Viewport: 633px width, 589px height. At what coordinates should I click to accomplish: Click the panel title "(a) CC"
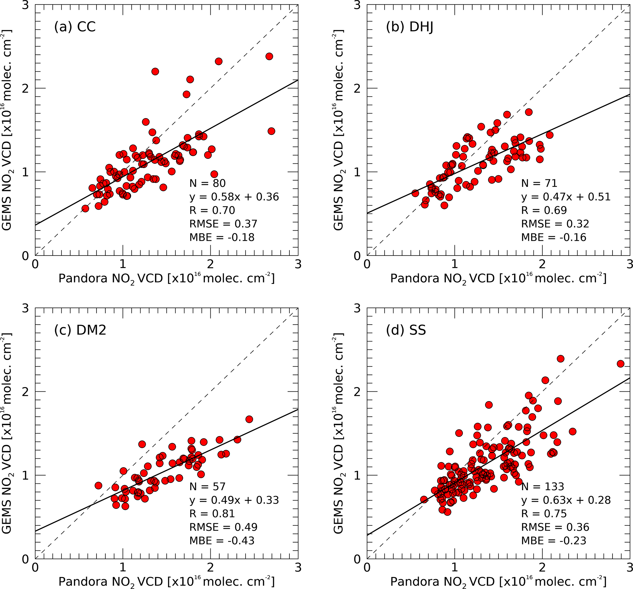click(75, 27)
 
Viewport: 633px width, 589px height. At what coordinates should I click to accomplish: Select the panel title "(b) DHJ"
click(409, 27)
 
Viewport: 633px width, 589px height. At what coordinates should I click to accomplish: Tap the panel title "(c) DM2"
click(80, 330)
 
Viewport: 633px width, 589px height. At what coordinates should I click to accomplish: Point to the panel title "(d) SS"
click(406, 330)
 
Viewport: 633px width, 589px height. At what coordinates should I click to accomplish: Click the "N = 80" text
click(207, 183)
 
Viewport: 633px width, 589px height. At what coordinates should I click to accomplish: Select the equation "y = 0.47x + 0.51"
click(566, 197)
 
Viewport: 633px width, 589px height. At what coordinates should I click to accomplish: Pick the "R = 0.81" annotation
click(212, 514)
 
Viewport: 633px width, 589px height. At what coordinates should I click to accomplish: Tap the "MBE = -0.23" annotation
click(553, 541)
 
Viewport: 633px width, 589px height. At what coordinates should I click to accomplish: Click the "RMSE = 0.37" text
click(223, 224)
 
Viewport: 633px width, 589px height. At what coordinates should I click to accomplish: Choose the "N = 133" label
click(542, 486)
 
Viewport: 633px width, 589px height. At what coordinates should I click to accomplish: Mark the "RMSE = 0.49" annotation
click(223, 527)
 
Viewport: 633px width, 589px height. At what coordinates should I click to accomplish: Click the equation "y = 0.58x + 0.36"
click(234, 197)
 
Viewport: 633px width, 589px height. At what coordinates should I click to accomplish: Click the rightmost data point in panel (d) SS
click(620, 364)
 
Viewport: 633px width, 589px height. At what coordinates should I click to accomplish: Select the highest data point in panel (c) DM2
click(249, 419)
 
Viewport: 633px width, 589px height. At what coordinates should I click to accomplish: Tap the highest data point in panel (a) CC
click(269, 56)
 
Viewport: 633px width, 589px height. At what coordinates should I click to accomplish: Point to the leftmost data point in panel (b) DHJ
click(415, 193)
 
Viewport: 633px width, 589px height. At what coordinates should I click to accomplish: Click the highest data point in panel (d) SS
click(560, 359)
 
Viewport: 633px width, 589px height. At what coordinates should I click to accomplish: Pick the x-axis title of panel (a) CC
click(166, 279)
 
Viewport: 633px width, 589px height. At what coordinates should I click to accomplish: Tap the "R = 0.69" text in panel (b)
click(544, 210)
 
